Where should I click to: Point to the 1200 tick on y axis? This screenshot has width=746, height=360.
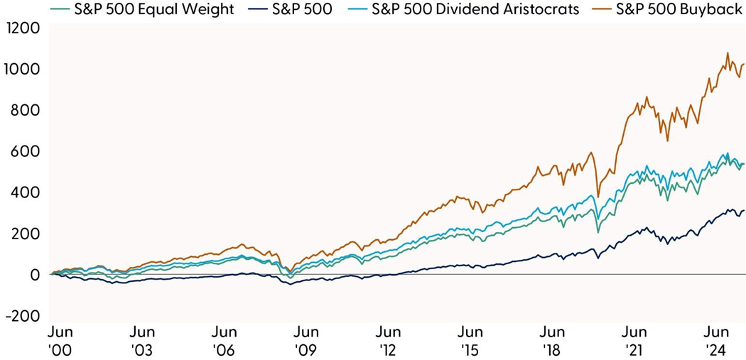[21, 29]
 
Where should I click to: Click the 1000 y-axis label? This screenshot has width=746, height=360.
[21, 70]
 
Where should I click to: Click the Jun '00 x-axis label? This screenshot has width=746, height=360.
[61, 340]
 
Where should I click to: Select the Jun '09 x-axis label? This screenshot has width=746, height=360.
[306, 340]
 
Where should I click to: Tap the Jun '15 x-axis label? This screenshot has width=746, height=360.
[470, 340]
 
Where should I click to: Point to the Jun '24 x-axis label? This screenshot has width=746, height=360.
[716, 340]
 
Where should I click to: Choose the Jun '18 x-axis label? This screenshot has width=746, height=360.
[552, 340]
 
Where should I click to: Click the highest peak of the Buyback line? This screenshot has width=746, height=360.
[727, 53]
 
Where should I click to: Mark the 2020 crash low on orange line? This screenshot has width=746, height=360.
[598, 197]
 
